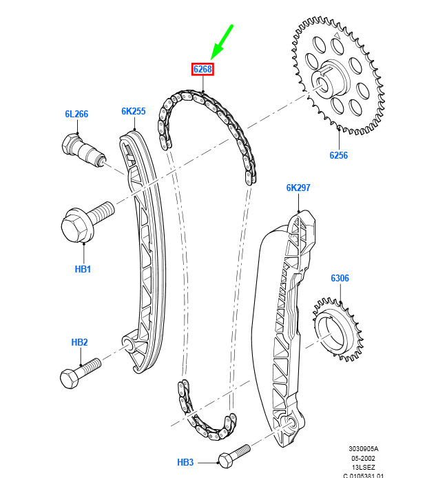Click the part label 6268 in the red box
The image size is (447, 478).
202,69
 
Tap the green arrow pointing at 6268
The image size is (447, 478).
222,42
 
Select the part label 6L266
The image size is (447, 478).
76,114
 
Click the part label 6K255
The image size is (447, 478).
134,111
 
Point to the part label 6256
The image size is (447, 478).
339,155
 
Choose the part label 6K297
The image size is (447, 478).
298,188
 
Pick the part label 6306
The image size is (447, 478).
340,278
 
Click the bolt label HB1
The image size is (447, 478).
83,269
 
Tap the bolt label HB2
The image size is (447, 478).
79,342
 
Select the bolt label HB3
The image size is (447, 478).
185,462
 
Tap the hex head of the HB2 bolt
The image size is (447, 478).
69,379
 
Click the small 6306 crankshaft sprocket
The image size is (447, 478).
338,330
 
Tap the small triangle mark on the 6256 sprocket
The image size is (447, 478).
337,35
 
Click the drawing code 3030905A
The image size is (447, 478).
363,449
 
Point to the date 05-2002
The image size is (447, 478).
363,458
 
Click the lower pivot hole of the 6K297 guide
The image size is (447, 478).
291,423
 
